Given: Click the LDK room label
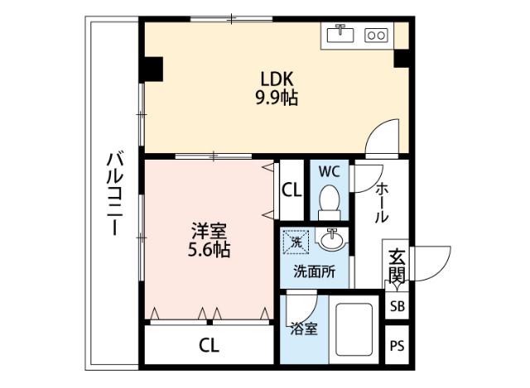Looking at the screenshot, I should [x=277, y=79].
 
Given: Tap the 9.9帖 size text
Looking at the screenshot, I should [x=277, y=98].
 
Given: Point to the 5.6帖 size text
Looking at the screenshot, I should [x=208, y=249].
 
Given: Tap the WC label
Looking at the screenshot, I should [x=329, y=173].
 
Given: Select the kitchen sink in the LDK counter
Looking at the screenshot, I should [x=340, y=34].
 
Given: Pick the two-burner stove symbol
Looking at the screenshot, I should [x=376, y=35].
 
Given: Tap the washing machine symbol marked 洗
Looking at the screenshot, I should [x=295, y=242].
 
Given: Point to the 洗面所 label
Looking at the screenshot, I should [x=314, y=271].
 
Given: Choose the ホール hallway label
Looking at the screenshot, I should [x=382, y=203].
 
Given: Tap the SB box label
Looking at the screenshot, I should [x=397, y=306].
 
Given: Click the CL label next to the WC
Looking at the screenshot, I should [x=291, y=190].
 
